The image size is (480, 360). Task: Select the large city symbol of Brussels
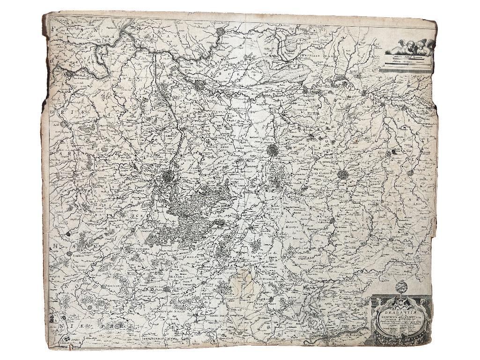click(168, 177)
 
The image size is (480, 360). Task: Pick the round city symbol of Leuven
click(273, 150)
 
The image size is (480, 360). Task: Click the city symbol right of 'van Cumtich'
click(343, 175)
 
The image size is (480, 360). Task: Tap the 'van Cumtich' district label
click(321, 171)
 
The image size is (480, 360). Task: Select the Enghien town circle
click(69, 253)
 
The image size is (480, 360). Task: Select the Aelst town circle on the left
click(63, 124)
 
